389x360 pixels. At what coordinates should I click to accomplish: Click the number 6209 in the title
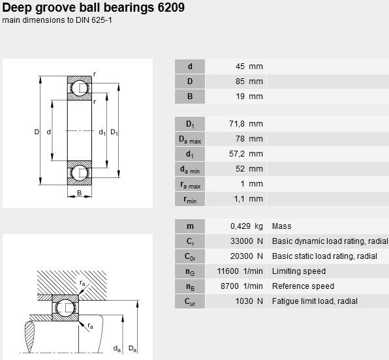tap(171, 7)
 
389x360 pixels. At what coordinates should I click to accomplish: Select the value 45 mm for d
tap(249, 67)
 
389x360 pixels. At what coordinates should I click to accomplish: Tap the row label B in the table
tap(190, 97)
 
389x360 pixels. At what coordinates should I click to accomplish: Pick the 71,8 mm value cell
tap(246, 124)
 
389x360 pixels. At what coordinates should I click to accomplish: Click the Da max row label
tap(190, 139)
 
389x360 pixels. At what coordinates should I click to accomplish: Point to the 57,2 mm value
tap(246, 154)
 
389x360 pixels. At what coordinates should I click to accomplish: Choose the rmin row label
tap(190, 199)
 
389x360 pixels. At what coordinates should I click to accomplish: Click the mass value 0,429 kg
tap(247, 226)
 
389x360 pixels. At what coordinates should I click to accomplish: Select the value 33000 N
tap(247, 241)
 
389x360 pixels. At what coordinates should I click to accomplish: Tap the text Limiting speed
tap(299, 271)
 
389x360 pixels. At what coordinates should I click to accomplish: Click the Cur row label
tap(190, 301)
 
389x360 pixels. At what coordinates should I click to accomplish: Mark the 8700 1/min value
tap(241, 286)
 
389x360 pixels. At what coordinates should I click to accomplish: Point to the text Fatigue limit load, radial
tap(315, 301)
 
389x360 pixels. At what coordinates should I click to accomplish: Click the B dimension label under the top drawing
tap(80, 192)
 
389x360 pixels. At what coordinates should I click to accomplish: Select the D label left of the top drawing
tap(37, 132)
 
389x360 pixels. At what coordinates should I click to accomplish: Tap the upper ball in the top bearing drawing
tap(80, 88)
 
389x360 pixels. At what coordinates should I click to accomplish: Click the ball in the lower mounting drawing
tap(65, 308)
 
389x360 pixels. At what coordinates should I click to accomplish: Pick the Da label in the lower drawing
tap(132, 349)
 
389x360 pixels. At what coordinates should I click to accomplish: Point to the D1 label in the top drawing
tap(114, 132)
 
